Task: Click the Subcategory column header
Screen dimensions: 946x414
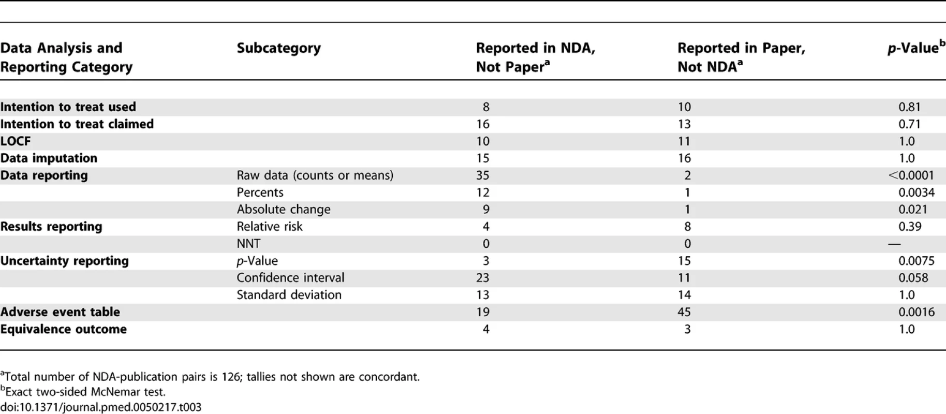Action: [x=278, y=48]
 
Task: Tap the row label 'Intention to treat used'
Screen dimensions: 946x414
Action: [x=68, y=107]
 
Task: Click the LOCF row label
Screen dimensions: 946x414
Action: [x=16, y=141]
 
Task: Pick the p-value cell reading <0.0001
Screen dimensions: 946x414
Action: [x=911, y=175]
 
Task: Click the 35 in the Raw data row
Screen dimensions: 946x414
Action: [x=482, y=175]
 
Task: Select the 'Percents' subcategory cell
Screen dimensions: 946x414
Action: [x=260, y=193]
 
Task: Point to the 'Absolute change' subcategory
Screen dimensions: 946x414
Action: [x=284, y=210]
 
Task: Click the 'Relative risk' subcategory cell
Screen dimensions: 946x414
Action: [x=270, y=227]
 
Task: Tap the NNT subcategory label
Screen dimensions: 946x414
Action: [x=248, y=244]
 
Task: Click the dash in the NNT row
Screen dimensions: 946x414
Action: [x=894, y=244]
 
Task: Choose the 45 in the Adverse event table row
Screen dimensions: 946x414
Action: [x=684, y=312]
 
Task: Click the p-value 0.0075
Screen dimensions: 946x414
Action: [x=917, y=261]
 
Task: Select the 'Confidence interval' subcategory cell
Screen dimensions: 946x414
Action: [x=290, y=278]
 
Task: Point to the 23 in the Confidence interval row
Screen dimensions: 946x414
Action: [x=482, y=278]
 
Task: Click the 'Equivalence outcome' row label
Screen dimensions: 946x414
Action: [x=63, y=329]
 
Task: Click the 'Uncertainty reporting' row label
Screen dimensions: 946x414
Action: [x=64, y=261]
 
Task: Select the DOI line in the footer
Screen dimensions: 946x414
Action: [x=100, y=407]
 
